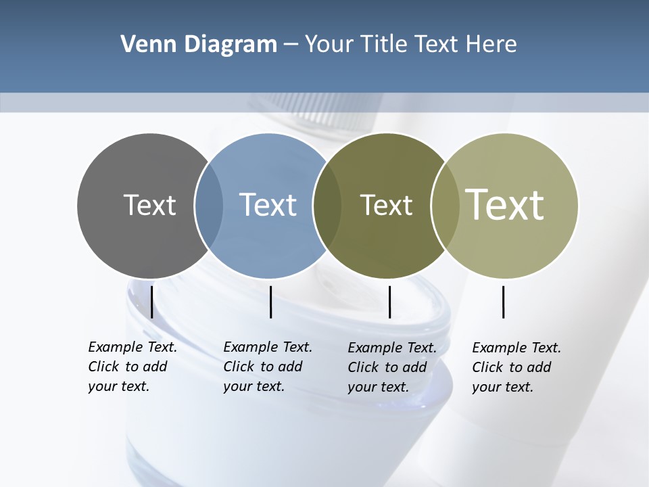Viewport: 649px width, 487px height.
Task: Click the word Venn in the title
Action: coord(144,45)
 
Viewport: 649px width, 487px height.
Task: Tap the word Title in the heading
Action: coord(384,45)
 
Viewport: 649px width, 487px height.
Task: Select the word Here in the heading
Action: coord(491,45)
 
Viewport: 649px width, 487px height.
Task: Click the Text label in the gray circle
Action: coord(149,205)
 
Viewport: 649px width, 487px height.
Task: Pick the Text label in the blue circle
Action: coord(268,205)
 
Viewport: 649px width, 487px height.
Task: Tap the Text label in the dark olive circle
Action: coord(386,205)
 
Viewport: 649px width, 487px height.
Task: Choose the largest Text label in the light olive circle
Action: coord(505,204)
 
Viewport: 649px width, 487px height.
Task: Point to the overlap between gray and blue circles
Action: coord(209,205)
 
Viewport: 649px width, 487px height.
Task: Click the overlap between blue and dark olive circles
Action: coord(327,205)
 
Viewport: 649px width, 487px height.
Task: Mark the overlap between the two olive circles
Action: coord(446,205)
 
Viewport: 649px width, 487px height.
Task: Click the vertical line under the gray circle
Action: coord(151,302)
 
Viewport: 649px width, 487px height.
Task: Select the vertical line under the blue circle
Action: coord(270,302)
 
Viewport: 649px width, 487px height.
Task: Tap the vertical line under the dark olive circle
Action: coord(389,302)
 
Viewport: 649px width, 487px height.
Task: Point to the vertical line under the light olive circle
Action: coord(504,302)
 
